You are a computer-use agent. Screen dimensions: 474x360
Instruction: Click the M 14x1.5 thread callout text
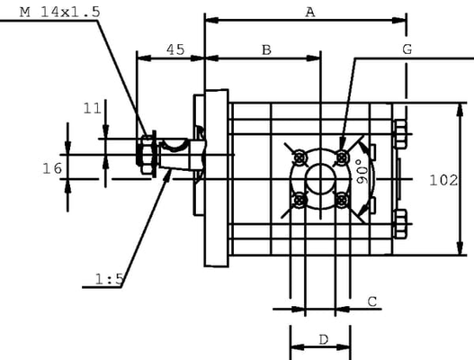(59, 12)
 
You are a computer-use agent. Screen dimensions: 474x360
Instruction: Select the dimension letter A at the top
(310, 13)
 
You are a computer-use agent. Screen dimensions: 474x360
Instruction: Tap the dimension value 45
(175, 49)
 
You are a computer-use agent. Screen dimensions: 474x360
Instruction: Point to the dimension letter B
(266, 49)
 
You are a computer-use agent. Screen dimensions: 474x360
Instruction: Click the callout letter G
(407, 49)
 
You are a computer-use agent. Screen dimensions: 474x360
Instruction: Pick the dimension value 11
(93, 109)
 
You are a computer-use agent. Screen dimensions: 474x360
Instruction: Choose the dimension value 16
(52, 168)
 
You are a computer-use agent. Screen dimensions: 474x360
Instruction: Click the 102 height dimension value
(443, 181)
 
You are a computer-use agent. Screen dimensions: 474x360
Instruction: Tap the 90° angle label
(362, 172)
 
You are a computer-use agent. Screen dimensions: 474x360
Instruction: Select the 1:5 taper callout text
(109, 279)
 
